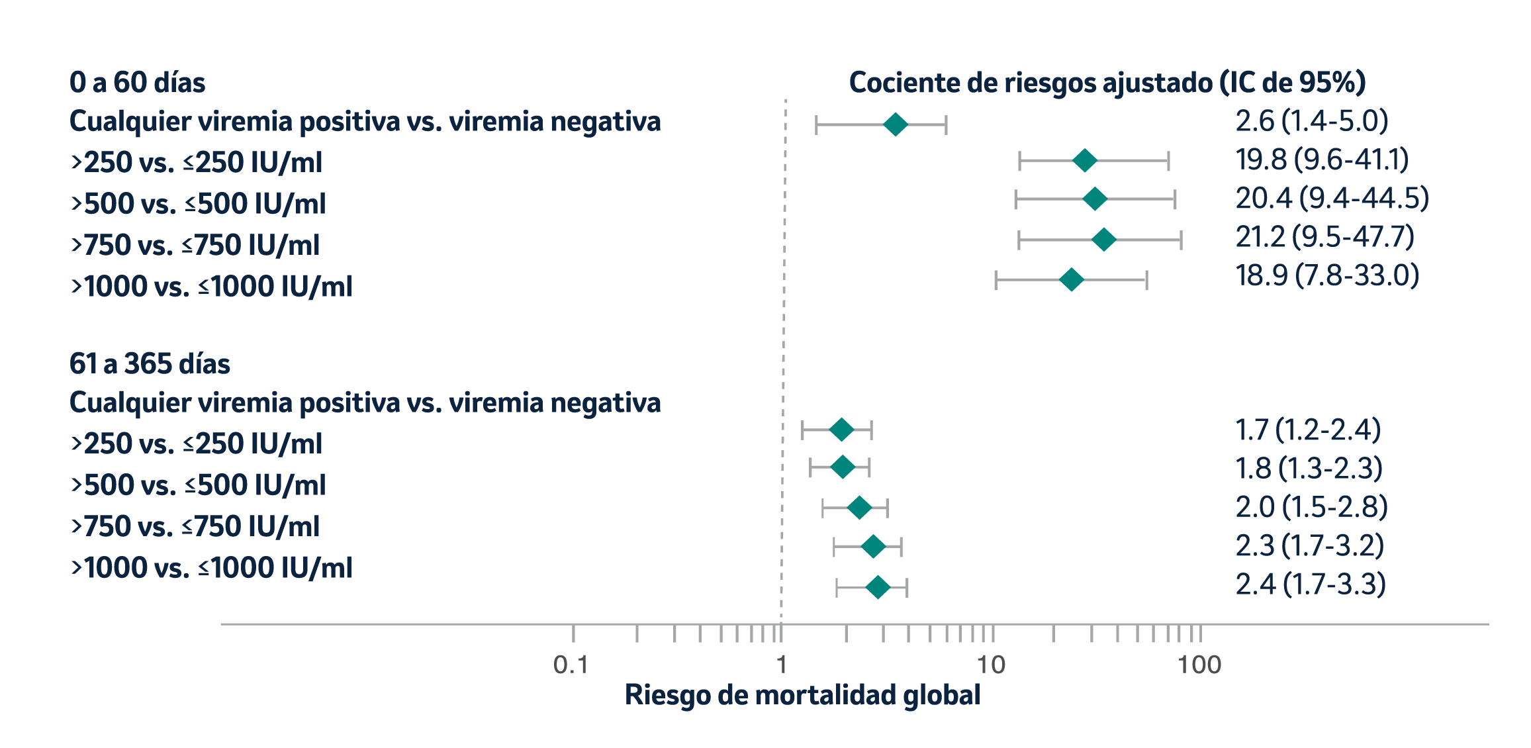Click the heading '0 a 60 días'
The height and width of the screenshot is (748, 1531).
click(x=137, y=83)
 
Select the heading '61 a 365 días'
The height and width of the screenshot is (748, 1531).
click(x=150, y=364)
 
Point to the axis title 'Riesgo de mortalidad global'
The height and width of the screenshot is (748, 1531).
click(x=802, y=695)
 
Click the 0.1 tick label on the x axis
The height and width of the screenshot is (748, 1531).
click(x=571, y=665)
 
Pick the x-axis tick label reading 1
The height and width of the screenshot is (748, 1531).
click(x=782, y=665)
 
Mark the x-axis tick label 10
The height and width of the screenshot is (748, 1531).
click(x=991, y=665)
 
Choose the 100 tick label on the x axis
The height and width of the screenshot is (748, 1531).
click(x=1199, y=665)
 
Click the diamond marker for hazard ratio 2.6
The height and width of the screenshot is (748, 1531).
click(x=896, y=124)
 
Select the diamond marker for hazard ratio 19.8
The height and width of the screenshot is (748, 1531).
click(x=1084, y=161)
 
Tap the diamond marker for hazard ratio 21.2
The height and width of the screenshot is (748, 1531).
click(x=1103, y=240)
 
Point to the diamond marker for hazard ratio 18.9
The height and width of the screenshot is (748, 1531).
click(x=1071, y=280)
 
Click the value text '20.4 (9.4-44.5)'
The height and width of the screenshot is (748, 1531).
click(x=1332, y=199)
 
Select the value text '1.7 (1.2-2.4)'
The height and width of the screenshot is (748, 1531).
click(x=1308, y=430)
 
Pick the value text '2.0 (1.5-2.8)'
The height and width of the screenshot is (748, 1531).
click(x=1311, y=507)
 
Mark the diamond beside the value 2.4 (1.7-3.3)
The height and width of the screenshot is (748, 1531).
click(x=878, y=587)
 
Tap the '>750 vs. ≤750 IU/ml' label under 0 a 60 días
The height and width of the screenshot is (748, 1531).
click(x=195, y=246)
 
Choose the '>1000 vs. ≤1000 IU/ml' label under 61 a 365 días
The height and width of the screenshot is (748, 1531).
click(x=211, y=568)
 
